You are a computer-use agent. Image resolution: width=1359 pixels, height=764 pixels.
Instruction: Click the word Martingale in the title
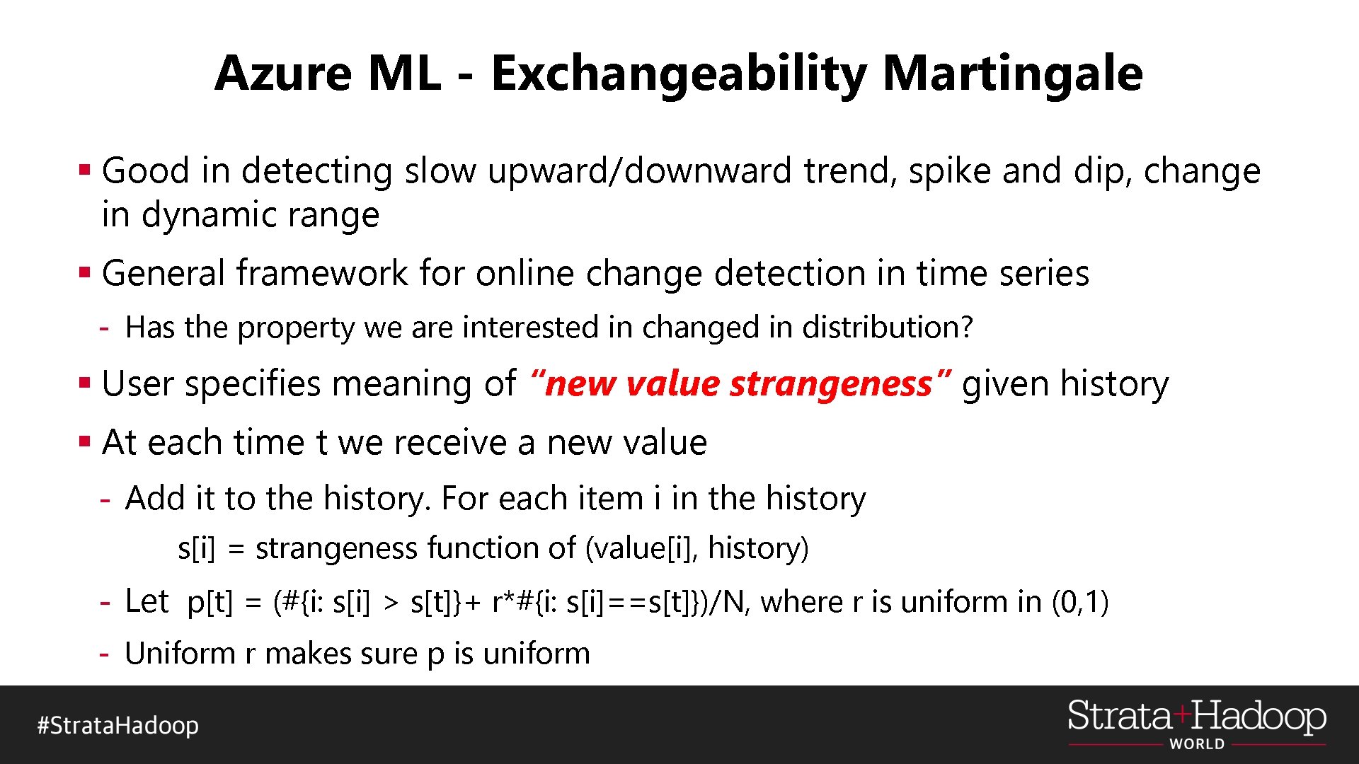click(1012, 74)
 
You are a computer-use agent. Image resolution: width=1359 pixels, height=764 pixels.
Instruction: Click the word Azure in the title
click(283, 73)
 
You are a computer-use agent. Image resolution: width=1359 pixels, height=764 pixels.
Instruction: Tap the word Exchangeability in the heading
click(678, 74)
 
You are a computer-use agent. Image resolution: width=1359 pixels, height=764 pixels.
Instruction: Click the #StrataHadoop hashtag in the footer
click(118, 726)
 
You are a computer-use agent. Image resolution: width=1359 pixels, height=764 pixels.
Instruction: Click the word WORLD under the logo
click(1197, 744)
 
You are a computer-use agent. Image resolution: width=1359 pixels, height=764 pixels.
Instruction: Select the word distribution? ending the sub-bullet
click(888, 328)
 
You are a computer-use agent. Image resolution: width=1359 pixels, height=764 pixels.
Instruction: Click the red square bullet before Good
click(85, 170)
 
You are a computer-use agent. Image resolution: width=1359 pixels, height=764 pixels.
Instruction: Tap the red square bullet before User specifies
click(85, 383)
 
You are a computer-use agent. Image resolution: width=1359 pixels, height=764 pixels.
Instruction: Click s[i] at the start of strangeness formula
click(196, 549)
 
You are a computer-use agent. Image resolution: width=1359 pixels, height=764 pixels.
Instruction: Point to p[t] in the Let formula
click(210, 603)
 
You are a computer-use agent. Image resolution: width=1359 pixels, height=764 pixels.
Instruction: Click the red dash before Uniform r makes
click(105, 654)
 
